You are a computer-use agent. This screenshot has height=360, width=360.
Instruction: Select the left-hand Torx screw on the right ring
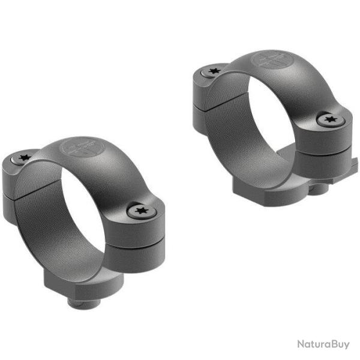pyautogui.click(x=213, y=71)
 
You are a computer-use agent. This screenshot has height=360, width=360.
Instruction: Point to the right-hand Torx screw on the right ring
pyautogui.click(x=329, y=120)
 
